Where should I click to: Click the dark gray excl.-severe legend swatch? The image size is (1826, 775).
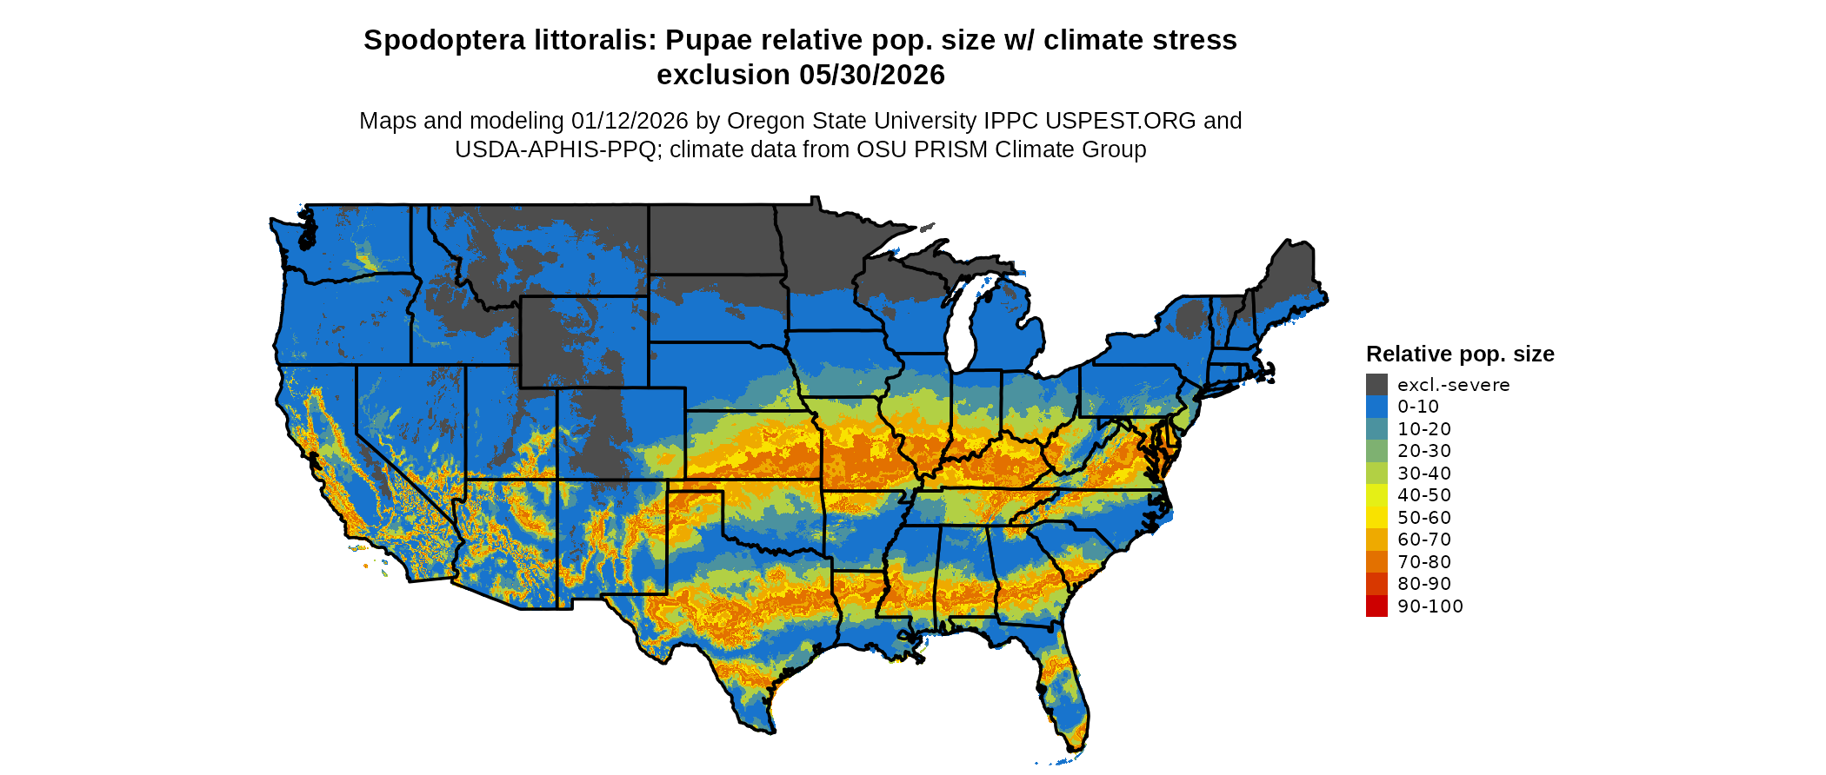point(1376,385)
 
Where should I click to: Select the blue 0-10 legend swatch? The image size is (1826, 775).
point(1376,407)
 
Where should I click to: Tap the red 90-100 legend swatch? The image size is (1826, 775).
point(1376,606)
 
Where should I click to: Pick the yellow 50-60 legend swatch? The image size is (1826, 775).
point(1376,518)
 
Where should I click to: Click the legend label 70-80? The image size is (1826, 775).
point(1424,562)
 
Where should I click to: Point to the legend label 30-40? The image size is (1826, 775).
point(1424,474)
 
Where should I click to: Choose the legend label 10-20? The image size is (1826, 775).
point(1424,429)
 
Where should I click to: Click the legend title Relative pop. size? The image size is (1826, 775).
point(1460,354)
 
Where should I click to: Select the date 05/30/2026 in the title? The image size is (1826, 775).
point(872,75)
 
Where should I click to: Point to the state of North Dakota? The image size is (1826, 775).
point(711,240)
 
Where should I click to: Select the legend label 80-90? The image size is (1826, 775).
point(1424,584)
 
